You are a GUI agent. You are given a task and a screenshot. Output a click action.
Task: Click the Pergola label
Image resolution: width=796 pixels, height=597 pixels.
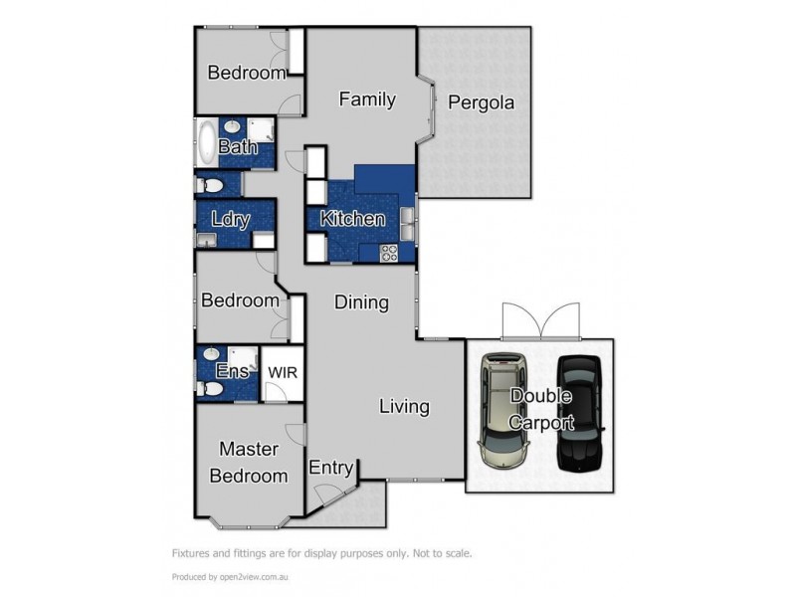(481, 103)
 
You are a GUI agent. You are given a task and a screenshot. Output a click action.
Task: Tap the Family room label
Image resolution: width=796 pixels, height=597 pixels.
(367, 99)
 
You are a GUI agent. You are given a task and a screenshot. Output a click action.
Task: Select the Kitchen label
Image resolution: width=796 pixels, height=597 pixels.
(353, 219)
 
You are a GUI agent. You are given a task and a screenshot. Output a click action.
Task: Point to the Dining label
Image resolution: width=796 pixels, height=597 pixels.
(361, 302)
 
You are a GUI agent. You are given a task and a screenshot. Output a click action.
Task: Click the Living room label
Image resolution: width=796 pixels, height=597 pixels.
(405, 407)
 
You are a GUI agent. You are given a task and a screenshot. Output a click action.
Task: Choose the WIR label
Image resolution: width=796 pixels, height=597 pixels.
(283, 372)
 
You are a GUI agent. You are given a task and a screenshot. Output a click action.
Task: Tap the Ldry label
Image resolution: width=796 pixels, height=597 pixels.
(231, 220)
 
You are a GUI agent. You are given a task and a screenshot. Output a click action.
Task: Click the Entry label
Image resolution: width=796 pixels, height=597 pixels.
(331, 468)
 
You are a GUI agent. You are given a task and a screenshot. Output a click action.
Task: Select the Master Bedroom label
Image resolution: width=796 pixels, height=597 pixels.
(249, 463)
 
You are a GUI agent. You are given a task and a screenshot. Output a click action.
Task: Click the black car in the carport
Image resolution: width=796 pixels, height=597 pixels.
(579, 412)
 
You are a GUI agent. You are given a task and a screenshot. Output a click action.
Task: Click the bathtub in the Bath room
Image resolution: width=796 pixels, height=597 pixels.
(207, 142)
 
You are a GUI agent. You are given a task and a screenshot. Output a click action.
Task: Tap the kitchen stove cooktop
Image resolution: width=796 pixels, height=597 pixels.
(389, 254)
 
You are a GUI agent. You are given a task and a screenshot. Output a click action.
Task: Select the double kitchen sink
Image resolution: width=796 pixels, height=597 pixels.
(408, 224)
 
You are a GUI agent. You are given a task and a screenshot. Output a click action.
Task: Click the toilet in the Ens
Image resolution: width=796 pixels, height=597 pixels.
(209, 389)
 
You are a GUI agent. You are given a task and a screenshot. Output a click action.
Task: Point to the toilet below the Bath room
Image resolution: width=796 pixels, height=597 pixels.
(209, 185)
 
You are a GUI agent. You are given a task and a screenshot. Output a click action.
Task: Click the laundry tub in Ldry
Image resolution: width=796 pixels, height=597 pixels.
(206, 240)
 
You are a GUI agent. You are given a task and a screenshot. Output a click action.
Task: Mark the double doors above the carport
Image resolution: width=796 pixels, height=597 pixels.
(540, 321)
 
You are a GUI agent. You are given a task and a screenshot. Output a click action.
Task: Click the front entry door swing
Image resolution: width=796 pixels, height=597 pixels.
(327, 494)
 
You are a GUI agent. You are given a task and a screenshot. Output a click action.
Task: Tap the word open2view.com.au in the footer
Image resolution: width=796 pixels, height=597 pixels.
(254, 577)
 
